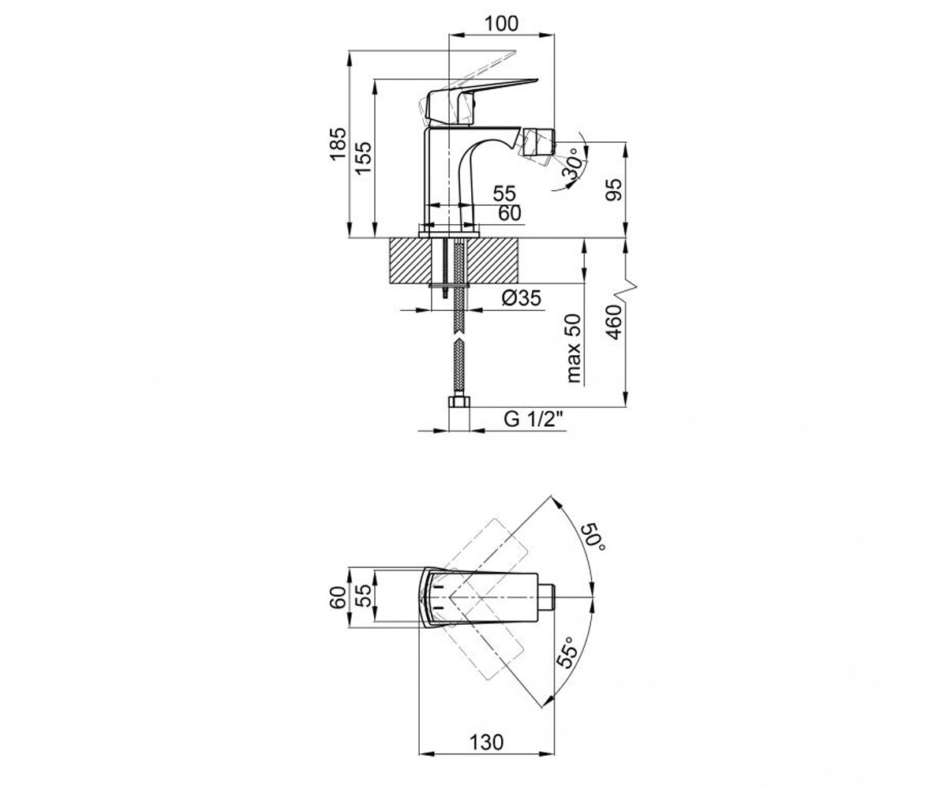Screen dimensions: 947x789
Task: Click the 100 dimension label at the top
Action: pyautogui.click(x=501, y=24)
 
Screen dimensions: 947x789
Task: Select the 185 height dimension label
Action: pyautogui.click(x=339, y=144)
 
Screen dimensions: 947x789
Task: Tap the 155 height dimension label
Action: pyautogui.click(x=363, y=158)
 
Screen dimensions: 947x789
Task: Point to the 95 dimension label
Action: pyautogui.click(x=614, y=189)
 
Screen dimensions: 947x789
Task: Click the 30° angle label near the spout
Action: pyautogui.click(x=573, y=163)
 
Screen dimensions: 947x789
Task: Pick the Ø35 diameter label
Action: pyautogui.click(x=522, y=298)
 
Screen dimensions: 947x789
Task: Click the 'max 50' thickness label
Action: pyautogui.click(x=573, y=348)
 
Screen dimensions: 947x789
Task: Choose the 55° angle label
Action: pyautogui.click(x=568, y=652)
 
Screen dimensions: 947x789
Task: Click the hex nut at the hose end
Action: pyautogui.click(x=459, y=402)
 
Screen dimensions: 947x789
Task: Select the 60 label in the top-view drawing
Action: pyautogui.click(x=339, y=597)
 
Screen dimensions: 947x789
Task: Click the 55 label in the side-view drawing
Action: pyautogui.click(x=504, y=193)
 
